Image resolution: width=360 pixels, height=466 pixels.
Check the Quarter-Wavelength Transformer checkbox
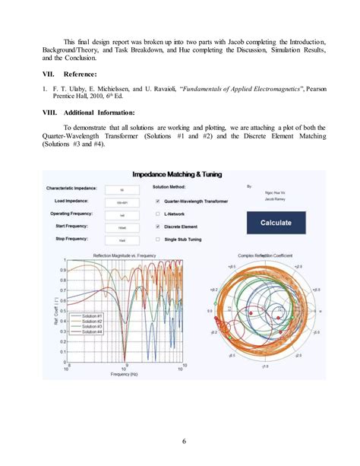[157, 201]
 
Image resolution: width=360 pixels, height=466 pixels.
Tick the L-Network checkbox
[157, 214]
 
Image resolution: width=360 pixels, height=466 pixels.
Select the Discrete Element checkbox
[157, 226]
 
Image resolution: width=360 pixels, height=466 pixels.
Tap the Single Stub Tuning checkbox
[157, 238]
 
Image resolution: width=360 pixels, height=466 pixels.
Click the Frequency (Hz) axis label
[124, 374]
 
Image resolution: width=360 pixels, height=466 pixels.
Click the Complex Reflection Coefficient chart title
[266, 255]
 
